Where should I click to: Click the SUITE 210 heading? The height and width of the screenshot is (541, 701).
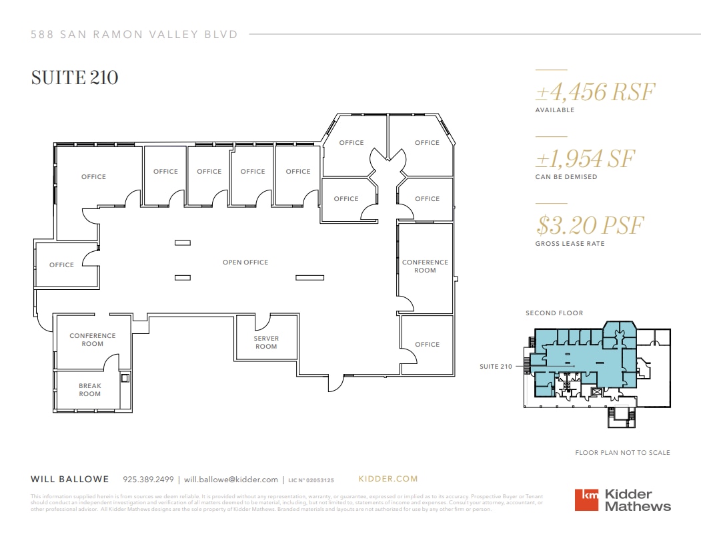75,78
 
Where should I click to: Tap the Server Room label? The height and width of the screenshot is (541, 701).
266,342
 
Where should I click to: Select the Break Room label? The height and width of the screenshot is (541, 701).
90,390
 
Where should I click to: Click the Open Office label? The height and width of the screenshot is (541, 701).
245,262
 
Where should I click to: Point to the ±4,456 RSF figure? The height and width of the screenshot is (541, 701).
596,92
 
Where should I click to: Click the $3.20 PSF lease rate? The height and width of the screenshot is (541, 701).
590,225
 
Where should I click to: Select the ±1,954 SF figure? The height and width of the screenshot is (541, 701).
585,158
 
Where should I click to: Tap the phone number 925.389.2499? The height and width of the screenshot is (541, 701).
148,480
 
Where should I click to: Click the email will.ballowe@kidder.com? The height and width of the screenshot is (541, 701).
231,480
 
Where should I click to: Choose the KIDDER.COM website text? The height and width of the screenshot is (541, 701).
388,479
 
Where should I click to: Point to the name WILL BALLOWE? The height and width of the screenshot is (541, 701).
70,480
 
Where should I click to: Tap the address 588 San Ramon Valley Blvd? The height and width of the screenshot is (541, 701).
134,35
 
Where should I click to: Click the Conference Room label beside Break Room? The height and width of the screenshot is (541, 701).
93,339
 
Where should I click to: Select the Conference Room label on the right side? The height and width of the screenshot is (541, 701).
425,266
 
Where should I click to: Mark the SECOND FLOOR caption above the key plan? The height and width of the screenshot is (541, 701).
554,313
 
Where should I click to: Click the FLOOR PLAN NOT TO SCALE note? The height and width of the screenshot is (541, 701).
622,453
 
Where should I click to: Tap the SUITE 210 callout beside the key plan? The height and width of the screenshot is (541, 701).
496,366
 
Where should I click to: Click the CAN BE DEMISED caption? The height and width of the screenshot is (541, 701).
566,177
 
